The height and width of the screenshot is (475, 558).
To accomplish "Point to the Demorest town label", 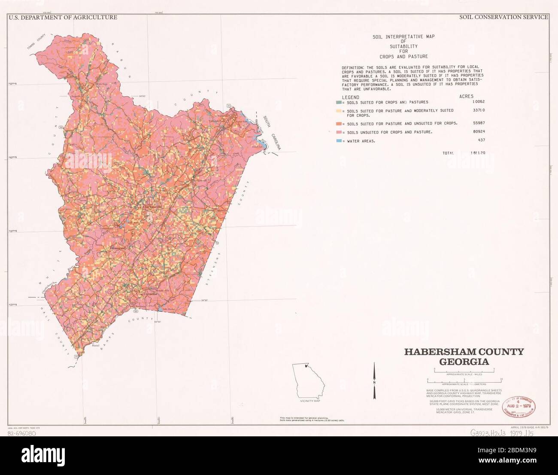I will [x=118, y=249].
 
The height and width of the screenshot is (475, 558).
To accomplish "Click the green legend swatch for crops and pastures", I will [x=339, y=102].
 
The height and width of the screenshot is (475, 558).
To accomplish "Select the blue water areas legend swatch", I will [x=339, y=141].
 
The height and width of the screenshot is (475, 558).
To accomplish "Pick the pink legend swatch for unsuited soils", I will [x=339, y=132].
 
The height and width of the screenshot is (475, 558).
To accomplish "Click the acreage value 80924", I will [x=479, y=132].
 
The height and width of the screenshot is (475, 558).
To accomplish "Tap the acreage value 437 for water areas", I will [x=482, y=140].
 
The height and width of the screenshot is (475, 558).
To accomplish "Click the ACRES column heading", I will [x=467, y=97].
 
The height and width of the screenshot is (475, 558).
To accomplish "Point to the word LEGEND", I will [x=351, y=97].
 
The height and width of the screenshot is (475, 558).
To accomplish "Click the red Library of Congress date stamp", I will [x=519, y=407].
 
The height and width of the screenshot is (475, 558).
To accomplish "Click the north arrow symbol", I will [x=374, y=380].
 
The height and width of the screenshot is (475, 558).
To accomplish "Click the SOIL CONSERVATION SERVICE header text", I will [x=503, y=17].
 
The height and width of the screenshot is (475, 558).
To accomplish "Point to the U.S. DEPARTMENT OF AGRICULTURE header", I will [x=63, y=17].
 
